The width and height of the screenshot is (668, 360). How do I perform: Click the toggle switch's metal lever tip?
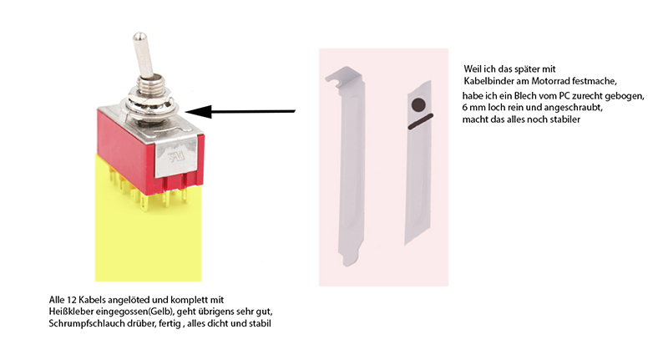pos(139,37)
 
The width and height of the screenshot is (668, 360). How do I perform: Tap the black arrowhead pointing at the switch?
pos(199,112)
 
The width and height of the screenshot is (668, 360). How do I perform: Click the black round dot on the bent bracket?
pos(419,104)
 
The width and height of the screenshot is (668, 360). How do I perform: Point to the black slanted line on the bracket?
pos(421,121)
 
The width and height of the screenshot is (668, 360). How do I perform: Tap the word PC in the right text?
pos(564,96)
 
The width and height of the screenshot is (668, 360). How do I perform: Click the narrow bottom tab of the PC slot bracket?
pos(348,258)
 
